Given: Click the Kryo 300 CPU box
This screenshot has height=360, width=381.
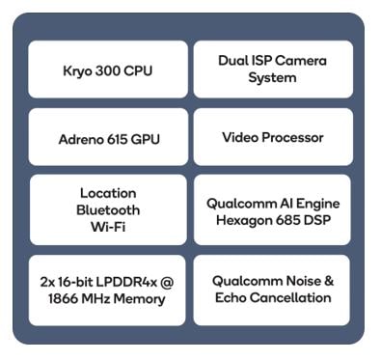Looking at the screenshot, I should [x=107, y=69].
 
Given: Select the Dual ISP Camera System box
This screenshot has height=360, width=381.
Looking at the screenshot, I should [x=272, y=69].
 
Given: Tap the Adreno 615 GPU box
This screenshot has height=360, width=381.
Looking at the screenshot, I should [x=107, y=138].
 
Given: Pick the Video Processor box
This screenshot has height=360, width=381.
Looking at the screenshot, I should [x=272, y=137].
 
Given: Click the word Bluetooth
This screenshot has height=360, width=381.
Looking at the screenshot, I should [x=108, y=209].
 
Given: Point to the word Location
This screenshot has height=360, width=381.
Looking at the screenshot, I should [x=108, y=193].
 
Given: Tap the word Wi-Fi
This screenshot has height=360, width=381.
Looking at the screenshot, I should [x=108, y=226].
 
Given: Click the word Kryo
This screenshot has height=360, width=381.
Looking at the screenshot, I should [x=77, y=70].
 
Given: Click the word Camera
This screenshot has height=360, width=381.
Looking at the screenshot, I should [x=300, y=61].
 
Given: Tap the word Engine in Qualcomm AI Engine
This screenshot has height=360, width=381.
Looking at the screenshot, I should [x=315, y=203].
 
